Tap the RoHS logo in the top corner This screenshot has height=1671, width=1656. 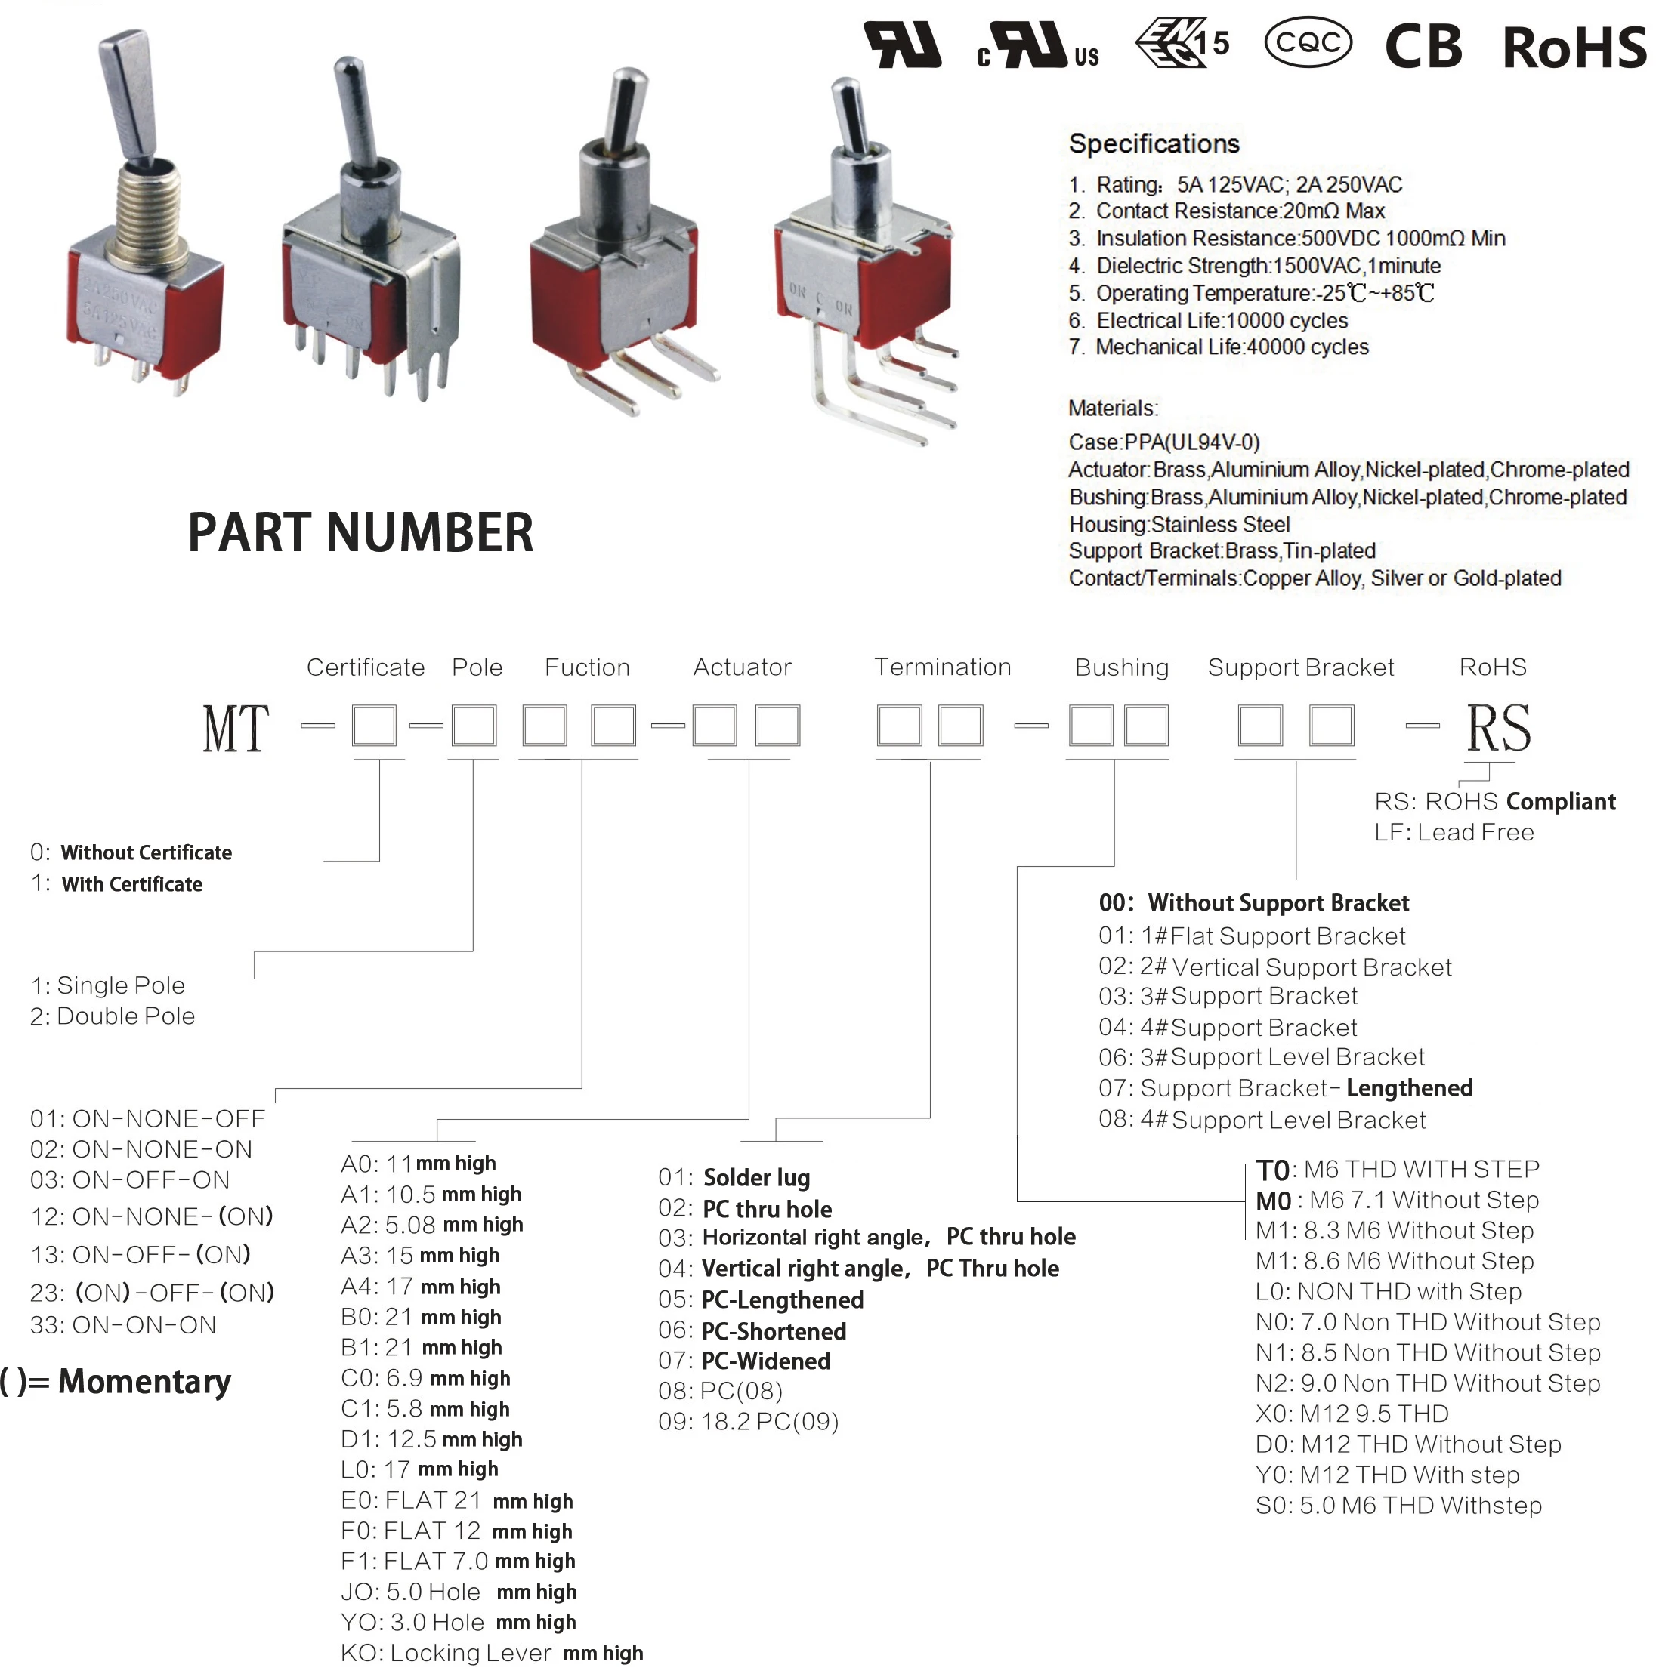coord(1574,47)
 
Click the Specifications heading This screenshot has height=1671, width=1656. coord(1154,143)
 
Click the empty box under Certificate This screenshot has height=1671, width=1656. coord(374,725)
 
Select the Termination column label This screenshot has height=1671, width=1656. coord(942,667)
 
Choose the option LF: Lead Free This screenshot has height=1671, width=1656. coord(1454,832)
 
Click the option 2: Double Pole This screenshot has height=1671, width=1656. coord(113,1016)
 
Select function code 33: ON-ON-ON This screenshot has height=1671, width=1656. coord(123,1325)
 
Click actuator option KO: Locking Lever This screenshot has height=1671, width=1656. coord(490,1653)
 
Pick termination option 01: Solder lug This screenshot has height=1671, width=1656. coord(734,1177)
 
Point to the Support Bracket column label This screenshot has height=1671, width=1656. coord(1300,667)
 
